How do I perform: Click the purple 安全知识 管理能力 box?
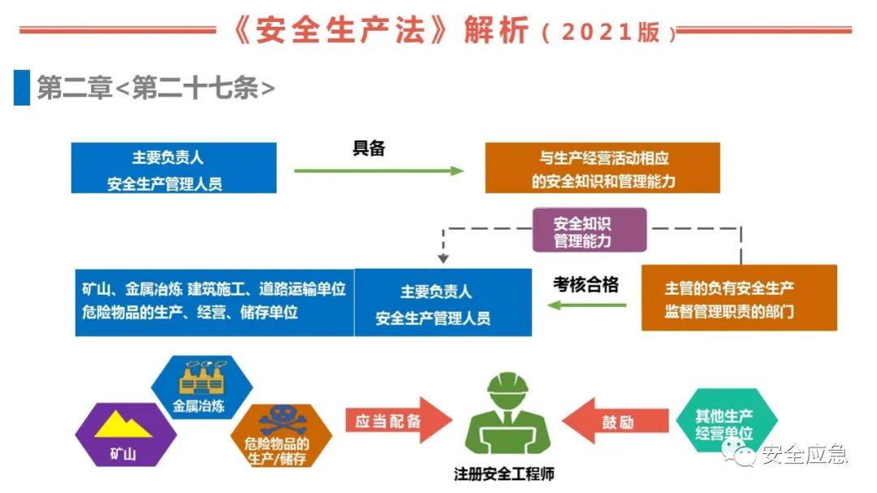590,230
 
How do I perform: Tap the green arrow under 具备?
378,171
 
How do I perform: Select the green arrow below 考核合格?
587,305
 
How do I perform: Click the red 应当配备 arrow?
399,420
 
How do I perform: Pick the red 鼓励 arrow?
616,421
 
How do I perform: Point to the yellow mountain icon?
123,425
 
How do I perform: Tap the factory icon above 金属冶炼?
202,377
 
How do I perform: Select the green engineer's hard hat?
508,383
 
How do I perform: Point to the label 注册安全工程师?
504,474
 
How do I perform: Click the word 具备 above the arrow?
369,149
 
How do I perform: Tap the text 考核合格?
585,284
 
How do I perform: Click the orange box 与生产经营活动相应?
603,168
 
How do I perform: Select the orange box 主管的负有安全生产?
739,298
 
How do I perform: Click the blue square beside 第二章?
22,87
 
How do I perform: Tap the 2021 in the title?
597,32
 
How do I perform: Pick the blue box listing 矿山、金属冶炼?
214,302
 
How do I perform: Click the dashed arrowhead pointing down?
443,258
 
